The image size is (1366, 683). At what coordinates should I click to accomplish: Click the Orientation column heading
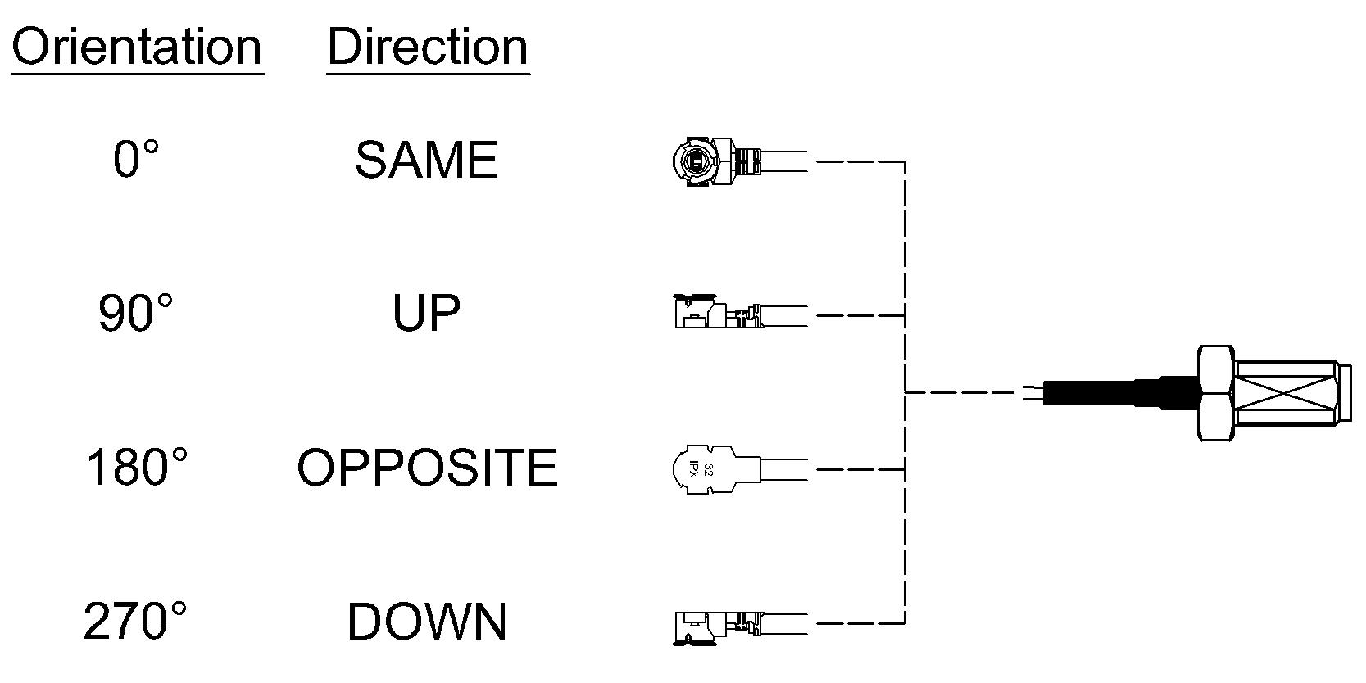point(137,47)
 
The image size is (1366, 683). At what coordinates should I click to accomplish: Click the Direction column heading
point(428,47)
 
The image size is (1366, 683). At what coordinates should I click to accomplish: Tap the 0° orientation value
point(136,158)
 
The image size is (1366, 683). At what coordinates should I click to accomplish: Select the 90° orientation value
point(135,313)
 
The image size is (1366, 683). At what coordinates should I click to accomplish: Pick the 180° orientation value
point(137,467)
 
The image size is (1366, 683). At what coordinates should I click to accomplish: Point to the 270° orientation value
point(135,621)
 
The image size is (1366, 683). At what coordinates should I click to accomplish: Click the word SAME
point(427,160)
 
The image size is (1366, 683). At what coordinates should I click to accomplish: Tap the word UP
point(426,313)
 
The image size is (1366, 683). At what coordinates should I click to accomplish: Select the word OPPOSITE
point(428,468)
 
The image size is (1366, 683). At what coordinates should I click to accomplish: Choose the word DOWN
point(427,622)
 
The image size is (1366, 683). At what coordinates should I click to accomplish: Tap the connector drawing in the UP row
point(740,312)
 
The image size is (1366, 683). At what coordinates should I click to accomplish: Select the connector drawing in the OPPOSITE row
point(740,470)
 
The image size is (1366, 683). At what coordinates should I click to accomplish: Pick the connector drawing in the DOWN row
point(740,627)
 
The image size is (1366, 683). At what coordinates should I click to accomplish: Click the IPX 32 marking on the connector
point(701,470)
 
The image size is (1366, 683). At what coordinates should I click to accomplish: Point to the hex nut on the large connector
point(1217,393)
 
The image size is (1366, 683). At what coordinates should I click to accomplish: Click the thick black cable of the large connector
point(1119,393)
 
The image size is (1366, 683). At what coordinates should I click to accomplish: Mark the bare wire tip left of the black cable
point(1034,393)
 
